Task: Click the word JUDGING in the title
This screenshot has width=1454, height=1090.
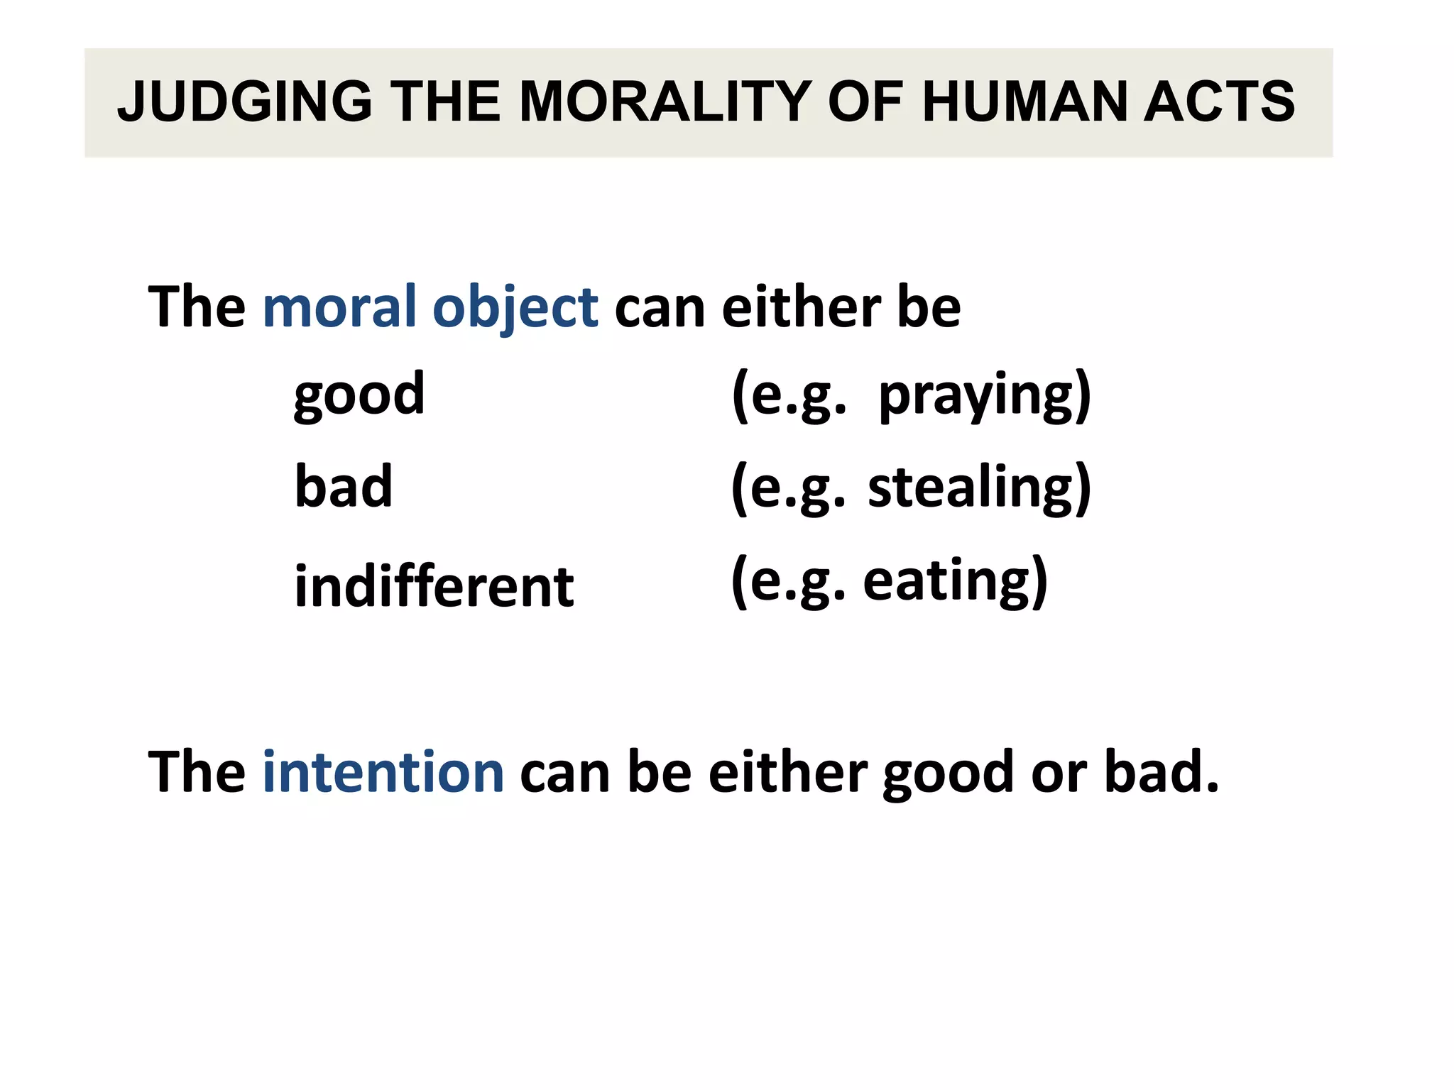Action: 245,101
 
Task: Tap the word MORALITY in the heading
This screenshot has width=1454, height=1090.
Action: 665,101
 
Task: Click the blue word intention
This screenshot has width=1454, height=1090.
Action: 383,771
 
